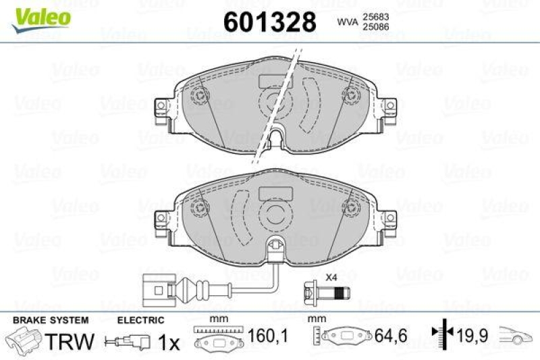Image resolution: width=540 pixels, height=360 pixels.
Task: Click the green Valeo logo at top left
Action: point(43,15)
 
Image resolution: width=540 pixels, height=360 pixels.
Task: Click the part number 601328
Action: point(269,22)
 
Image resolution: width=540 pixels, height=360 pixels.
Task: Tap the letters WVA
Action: point(348,22)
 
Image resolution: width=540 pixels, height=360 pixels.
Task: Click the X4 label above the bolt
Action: point(331,277)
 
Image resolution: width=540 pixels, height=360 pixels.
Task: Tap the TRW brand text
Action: point(70,341)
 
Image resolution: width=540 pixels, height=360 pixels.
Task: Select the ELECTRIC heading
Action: point(140,319)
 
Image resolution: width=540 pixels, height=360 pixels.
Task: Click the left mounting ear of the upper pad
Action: point(163,110)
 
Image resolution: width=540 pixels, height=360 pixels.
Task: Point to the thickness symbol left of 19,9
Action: point(441,333)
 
